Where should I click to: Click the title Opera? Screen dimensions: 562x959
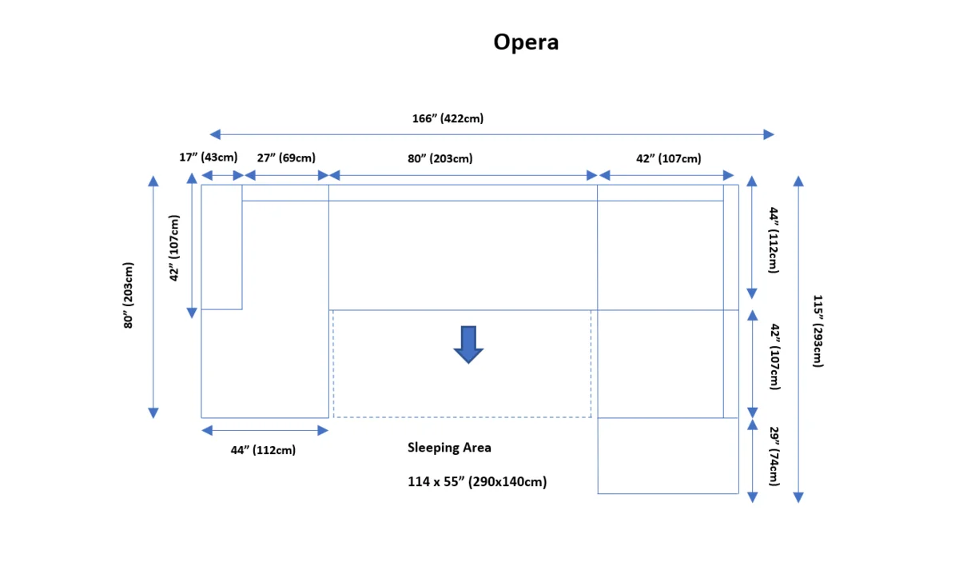[x=525, y=42]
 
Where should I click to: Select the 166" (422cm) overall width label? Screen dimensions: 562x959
[x=448, y=118]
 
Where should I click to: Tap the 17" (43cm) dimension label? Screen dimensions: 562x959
[x=208, y=157]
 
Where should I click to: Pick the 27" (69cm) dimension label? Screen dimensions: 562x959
[x=285, y=157]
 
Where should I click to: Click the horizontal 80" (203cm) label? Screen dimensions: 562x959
[x=440, y=158]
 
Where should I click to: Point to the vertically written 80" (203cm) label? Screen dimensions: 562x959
[x=129, y=296]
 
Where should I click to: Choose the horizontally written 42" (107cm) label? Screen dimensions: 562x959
[x=668, y=158]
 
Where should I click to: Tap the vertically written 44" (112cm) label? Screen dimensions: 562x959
[x=773, y=240]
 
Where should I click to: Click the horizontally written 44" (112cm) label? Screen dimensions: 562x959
[x=263, y=450]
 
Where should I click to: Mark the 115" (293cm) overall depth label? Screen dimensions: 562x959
[x=818, y=331]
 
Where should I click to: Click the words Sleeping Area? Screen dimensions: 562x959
[x=449, y=448]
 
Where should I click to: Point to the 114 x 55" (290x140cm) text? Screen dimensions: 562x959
[x=477, y=482]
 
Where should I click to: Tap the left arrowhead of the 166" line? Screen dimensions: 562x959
[x=214, y=134]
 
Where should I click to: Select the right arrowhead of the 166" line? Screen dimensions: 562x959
[x=769, y=134]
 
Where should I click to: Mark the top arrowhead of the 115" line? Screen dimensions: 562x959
[x=798, y=181]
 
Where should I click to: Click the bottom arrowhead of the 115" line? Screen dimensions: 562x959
[x=798, y=497]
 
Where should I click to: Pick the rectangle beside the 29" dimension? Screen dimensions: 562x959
[x=667, y=456]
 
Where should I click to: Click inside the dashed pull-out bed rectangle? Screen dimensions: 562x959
[x=462, y=388]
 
